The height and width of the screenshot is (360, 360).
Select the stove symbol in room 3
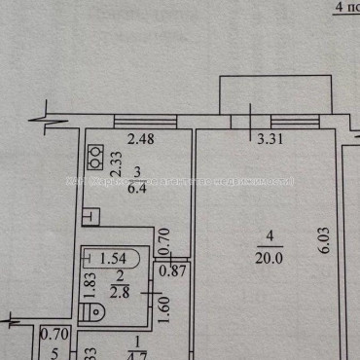pos(96,157)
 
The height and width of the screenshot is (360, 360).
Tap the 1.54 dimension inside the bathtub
pos(115,258)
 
